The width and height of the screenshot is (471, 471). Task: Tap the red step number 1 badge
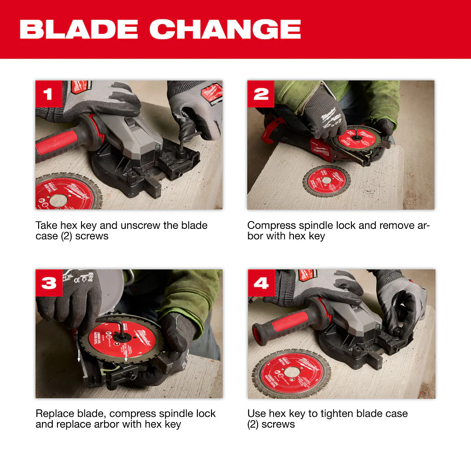[x=48, y=94]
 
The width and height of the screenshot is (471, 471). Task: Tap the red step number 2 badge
[x=260, y=94]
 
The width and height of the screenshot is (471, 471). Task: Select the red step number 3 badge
[x=49, y=283]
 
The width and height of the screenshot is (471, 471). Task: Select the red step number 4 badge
[x=261, y=283]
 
